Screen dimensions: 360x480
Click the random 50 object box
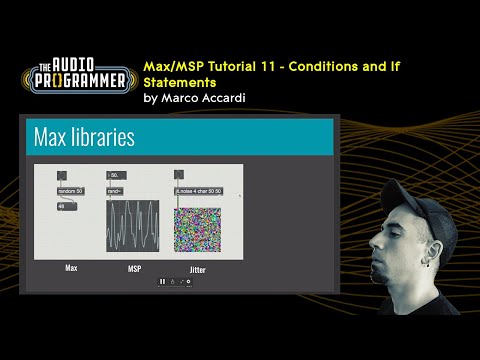(x=71, y=190)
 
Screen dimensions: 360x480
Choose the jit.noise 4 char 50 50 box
(x=198, y=190)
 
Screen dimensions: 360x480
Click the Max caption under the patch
(x=71, y=268)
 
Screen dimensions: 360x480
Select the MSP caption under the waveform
(x=133, y=269)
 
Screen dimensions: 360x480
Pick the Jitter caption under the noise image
(x=199, y=269)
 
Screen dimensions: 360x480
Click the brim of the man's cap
(x=385, y=226)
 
